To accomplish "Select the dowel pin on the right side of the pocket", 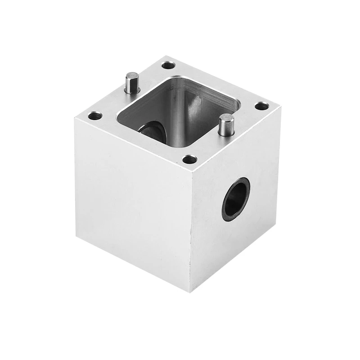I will (x=226, y=126).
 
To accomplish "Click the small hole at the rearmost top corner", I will (x=168, y=66).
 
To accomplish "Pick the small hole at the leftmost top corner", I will (x=94, y=116).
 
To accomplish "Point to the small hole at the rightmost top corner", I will (x=261, y=107).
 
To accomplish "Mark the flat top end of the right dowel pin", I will (x=226, y=118).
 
